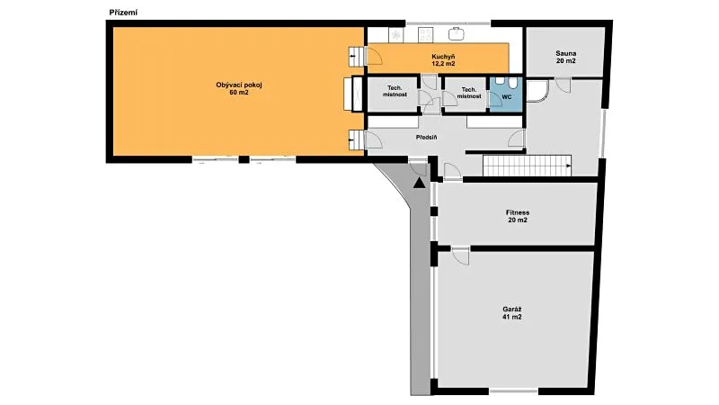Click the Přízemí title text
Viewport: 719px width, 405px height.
(123, 13)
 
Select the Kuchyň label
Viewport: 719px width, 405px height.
(443, 60)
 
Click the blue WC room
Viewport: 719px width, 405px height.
(506, 94)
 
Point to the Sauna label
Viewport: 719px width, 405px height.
(565, 57)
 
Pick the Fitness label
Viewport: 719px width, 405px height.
(518, 216)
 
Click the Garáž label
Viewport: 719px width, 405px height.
(511, 313)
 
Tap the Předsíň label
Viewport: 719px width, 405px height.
(426, 138)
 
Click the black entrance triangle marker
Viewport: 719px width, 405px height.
(419, 183)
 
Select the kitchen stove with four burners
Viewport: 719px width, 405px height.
(425, 35)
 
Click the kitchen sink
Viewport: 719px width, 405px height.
(457, 34)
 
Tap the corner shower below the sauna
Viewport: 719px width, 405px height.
(537, 91)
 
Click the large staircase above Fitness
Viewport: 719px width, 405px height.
(528, 166)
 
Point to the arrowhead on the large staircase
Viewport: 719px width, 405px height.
(569, 166)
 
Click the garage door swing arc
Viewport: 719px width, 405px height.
(460, 256)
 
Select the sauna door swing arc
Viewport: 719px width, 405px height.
(564, 85)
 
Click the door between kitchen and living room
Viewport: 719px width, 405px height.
(374, 55)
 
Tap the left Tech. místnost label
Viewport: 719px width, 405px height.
(395, 91)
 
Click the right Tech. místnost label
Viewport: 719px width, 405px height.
(468, 93)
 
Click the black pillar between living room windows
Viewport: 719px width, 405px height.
(244, 160)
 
